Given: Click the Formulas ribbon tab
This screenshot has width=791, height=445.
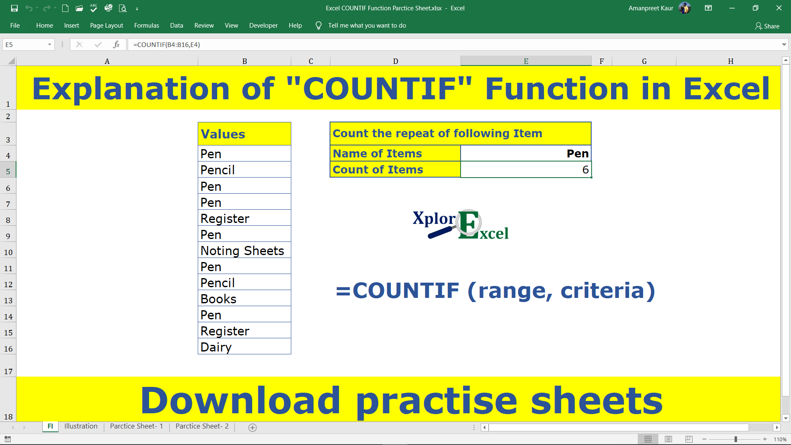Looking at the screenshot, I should coord(146,26).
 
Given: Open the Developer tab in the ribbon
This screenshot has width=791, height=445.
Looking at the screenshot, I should coord(263,26).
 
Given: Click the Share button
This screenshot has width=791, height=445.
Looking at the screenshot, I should coord(767,26).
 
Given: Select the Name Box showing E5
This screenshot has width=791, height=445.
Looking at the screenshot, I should coord(25,44).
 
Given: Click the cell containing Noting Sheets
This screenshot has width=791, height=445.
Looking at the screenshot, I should coord(244,251).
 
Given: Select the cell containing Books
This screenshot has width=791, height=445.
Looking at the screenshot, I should coord(244,299).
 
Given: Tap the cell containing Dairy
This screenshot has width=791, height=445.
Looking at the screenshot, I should coord(244,347).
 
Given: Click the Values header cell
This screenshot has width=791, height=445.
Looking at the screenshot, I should coord(244,134).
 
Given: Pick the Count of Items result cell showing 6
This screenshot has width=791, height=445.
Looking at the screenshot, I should coord(526,170).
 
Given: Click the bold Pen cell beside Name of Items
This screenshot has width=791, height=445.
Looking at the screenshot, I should coord(526,154).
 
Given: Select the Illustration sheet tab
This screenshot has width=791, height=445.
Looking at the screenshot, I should coord(81,426).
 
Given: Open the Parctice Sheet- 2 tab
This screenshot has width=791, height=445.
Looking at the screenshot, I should coord(202,426).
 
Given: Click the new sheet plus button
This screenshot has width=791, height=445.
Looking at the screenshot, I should coord(253,428).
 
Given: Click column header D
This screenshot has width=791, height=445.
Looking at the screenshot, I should coord(395,61).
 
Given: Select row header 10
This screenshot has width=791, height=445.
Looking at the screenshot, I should coord(8,252).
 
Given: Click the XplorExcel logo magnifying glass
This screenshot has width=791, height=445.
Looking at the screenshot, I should coord(469,222).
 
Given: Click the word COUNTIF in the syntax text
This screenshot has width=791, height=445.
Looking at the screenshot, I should coord(406,291).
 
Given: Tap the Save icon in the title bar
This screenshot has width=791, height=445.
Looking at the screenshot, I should coord(14,8).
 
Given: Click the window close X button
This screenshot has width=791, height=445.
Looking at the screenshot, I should coord(779,8).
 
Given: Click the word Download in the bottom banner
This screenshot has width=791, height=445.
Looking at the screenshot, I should coord(241,400).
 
